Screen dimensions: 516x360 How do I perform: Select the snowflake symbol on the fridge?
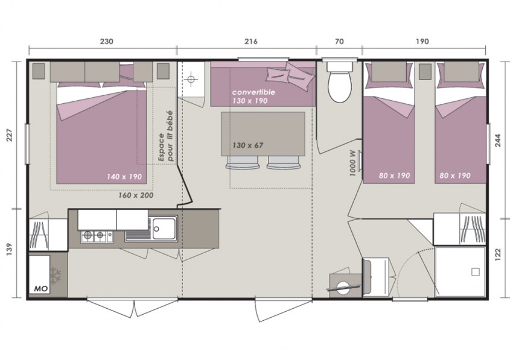pyautogui.click(x=55, y=275)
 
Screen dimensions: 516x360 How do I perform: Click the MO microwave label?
pyautogui.click(x=42, y=289)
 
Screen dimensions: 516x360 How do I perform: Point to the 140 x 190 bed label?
pyautogui.click(x=124, y=177)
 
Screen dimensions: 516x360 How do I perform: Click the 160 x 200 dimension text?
pyautogui.click(x=136, y=195)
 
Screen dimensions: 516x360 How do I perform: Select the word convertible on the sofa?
pyautogui.click(x=253, y=92)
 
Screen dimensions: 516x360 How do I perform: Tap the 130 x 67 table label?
pyautogui.click(x=248, y=145)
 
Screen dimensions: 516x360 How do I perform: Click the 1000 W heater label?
pyautogui.click(x=353, y=163)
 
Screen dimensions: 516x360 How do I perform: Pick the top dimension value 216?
pyautogui.click(x=251, y=42)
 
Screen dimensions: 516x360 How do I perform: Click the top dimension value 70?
pyautogui.click(x=339, y=42)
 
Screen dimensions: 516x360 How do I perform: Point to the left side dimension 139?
pyautogui.click(x=9, y=250)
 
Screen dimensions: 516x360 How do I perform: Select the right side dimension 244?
pyautogui.click(x=498, y=141)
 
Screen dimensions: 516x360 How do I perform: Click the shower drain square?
pyautogui.click(x=475, y=272)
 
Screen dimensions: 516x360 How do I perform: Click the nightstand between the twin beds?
pyautogui.click(x=425, y=71)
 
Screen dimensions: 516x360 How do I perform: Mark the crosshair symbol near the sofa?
pyautogui.click(x=191, y=79)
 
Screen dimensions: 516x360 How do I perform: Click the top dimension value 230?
pyautogui.click(x=106, y=42)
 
